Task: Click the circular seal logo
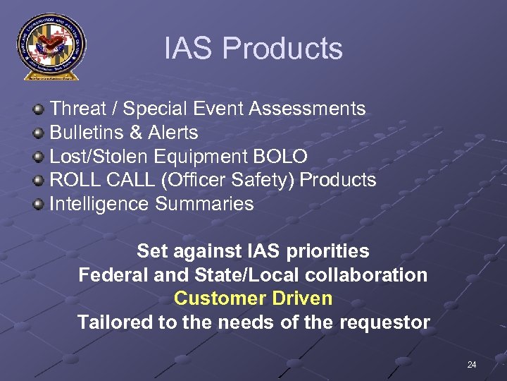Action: (x=50, y=46)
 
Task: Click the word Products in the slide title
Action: (x=283, y=49)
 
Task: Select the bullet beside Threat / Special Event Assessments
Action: (x=40, y=109)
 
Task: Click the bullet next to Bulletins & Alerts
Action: (x=40, y=133)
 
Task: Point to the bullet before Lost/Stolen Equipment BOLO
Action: (x=40, y=157)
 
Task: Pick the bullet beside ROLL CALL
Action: (x=40, y=181)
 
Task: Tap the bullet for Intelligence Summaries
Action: (x=40, y=205)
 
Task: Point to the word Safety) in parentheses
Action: (x=264, y=181)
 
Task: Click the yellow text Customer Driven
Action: (x=253, y=298)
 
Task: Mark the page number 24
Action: (x=471, y=365)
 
